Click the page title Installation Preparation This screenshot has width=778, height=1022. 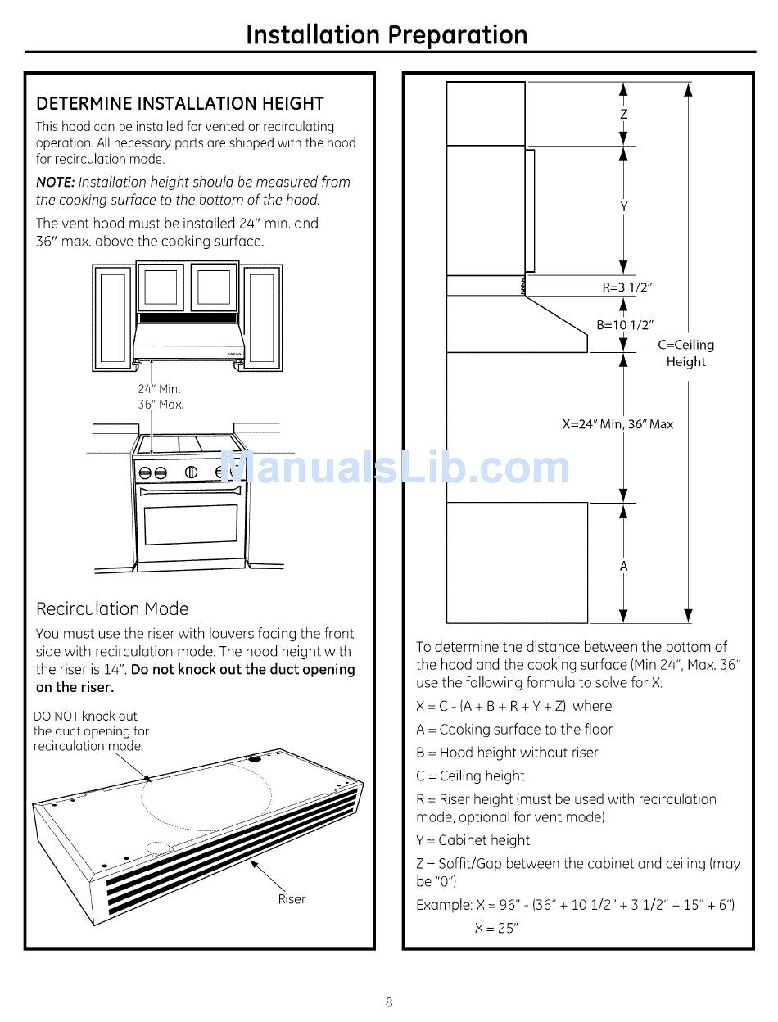coord(387,35)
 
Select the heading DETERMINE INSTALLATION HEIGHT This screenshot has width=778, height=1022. coord(180,104)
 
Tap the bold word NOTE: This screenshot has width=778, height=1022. coord(55,182)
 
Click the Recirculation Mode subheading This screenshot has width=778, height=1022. coord(112,608)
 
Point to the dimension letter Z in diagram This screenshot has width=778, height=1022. coord(623,115)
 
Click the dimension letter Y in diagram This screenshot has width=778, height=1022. coord(623,207)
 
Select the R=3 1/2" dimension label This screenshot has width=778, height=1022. coord(627,287)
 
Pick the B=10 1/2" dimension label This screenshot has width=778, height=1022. coord(624,325)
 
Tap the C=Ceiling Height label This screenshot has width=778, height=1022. coord(685,353)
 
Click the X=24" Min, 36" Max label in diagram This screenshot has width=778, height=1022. coord(617,424)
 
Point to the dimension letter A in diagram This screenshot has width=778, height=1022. coord(623,566)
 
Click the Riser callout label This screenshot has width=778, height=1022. coord(292,899)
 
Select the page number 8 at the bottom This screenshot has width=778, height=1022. coord(389,1002)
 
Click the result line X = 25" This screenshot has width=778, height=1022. coord(496,928)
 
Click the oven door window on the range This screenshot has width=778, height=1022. coord(191,525)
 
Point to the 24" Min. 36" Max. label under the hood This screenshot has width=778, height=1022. coord(160,397)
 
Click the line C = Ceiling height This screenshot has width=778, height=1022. coord(470,776)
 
